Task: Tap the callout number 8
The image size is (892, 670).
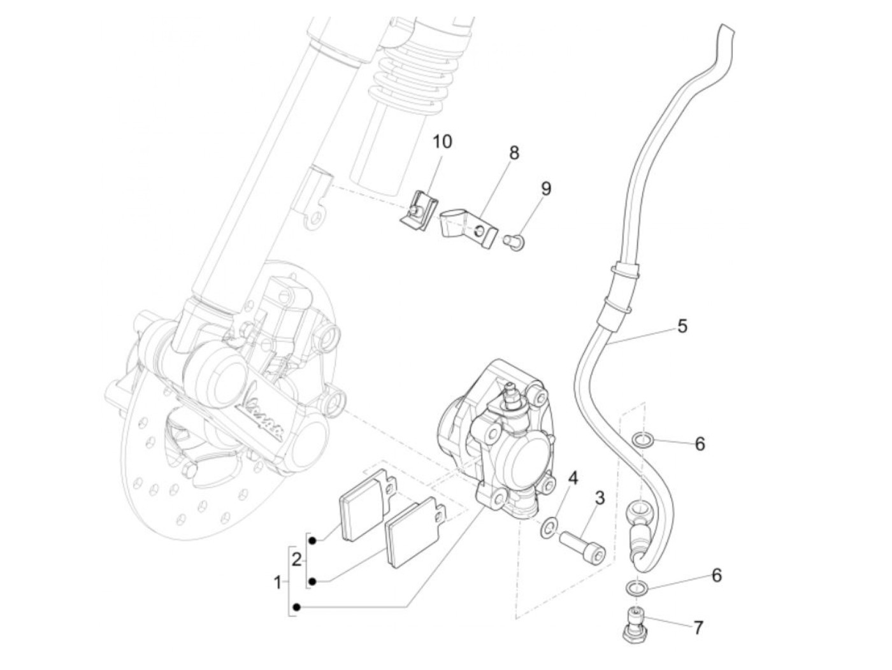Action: [514, 153]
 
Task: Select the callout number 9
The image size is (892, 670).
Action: [546, 189]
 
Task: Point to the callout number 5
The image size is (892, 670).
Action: [682, 326]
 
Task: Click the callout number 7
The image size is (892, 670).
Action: [698, 628]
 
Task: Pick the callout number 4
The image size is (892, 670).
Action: [573, 478]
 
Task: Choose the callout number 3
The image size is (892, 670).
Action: [599, 498]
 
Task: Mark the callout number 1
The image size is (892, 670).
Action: [277, 581]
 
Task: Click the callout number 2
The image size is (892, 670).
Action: [296, 560]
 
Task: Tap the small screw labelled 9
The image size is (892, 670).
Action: [511, 241]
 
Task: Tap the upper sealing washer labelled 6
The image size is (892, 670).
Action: [642, 439]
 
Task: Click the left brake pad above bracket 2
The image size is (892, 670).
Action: [360, 506]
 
